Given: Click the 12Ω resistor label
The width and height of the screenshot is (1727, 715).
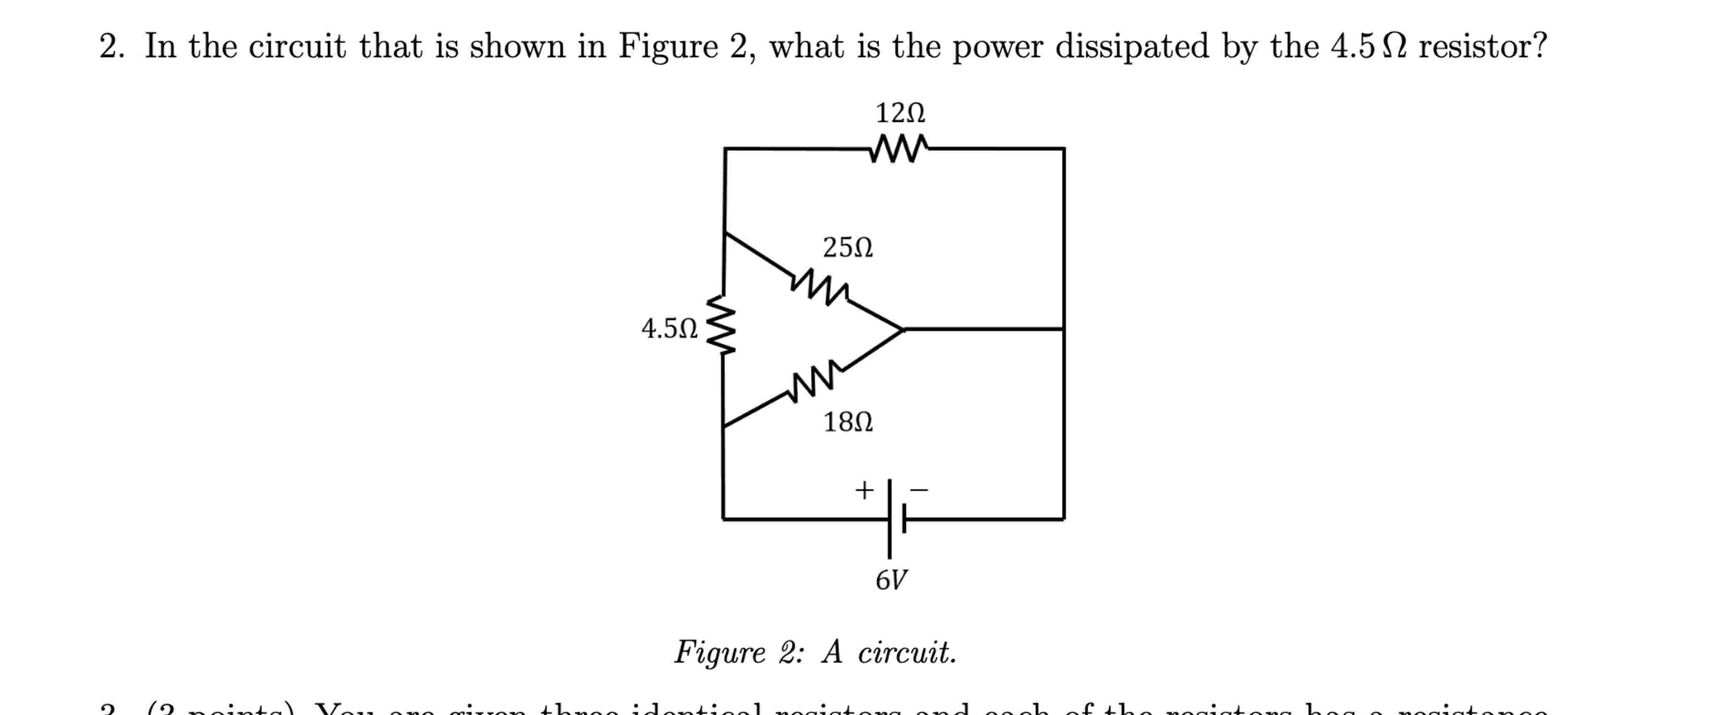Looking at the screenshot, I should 900,113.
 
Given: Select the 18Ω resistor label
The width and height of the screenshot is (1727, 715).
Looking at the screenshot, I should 848,422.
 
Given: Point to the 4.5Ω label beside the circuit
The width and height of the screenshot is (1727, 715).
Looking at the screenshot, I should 669,329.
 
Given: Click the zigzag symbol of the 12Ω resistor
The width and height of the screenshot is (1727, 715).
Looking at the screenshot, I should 899,149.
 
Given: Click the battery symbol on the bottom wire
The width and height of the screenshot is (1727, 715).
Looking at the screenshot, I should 896,518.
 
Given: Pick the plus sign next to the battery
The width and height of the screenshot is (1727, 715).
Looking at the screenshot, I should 864,490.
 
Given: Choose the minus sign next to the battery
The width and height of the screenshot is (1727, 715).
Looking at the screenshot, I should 918,490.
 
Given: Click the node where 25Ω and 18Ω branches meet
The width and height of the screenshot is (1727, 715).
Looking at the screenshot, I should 903,329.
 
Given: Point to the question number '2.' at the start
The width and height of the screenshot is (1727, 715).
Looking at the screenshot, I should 111,47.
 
